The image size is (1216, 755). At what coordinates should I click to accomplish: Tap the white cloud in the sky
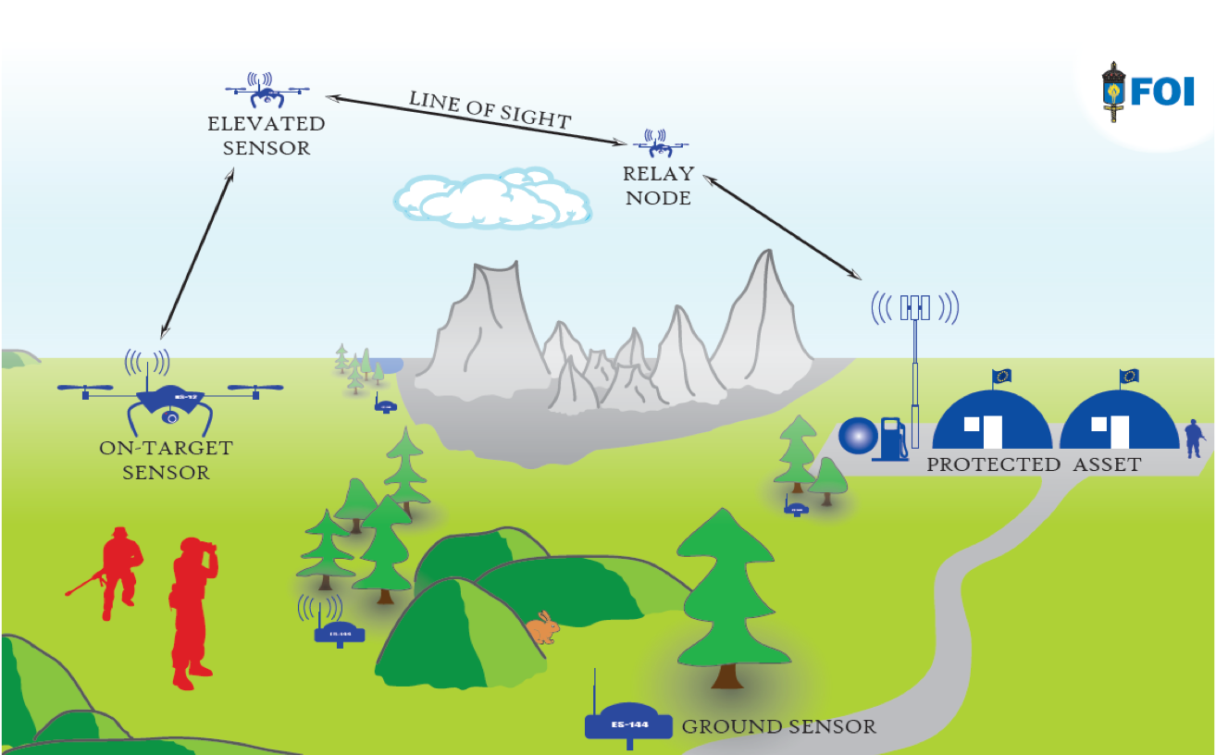(490, 199)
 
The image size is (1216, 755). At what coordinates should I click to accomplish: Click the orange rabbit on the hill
(543, 628)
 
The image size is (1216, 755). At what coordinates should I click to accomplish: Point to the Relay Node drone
(662, 144)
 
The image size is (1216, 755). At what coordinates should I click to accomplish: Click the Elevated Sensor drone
(267, 91)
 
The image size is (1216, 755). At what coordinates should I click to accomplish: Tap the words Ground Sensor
(778, 726)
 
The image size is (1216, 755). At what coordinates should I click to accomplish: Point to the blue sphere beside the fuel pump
(858, 437)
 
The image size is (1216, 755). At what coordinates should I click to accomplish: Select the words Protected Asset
(1034, 464)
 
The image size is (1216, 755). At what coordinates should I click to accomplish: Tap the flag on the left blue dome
(1002, 376)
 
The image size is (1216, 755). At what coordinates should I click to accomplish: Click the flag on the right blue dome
(1129, 376)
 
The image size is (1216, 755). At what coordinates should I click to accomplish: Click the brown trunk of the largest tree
(726, 676)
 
